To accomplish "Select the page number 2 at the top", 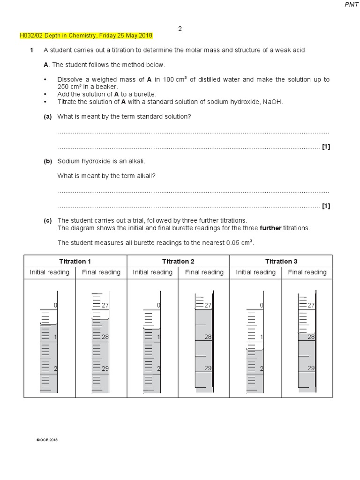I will pyautogui.click(x=180, y=29).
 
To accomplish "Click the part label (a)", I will pyautogui.click(x=47, y=116).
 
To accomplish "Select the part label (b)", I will pyautogui.click(x=47, y=161).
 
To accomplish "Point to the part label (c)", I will pyautogui.click(x=47, y=220).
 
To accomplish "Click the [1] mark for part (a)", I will pyautogui.click(x=326, y=147).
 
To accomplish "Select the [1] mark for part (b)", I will pyautogui.click(x=326, y=206).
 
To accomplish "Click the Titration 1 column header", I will pyautogui.click(x=75, y=262).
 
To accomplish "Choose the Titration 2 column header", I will pyautogui.click(x=178, y=262).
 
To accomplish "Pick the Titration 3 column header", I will pyautogui.click(x=281, y=262).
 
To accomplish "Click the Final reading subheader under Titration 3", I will pyautogui.click(x=307, y=272).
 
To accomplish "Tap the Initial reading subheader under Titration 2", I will pyautogui.click(x=152, y=272).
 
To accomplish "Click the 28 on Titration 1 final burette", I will pyautogui.click(x=105, y=337).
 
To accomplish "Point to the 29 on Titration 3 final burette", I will pyautogui.click(x=311, y=368).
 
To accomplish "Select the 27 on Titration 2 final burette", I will pyautogui.click(x=208, y=305).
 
